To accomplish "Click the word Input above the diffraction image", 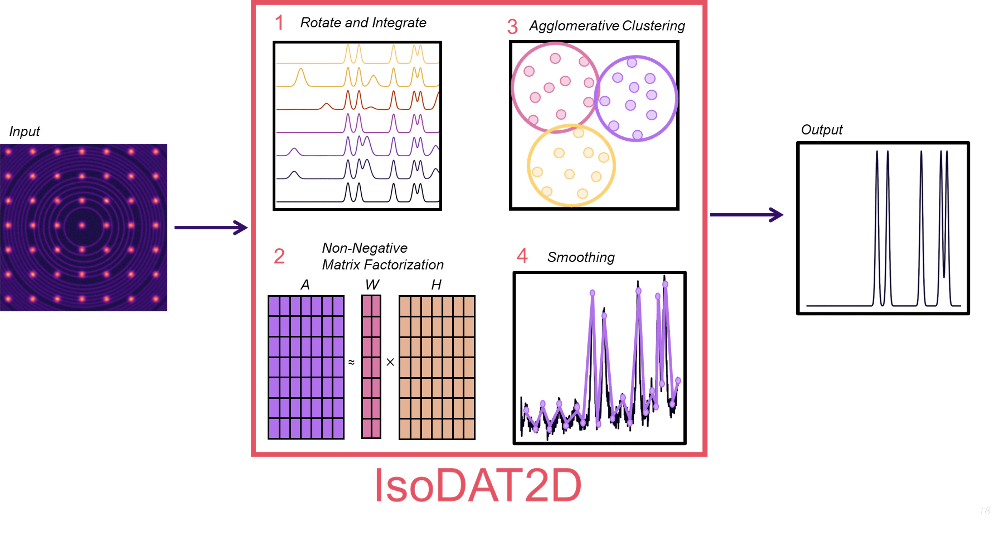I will (x=24, y=132).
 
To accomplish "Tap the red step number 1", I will (x=279, y=23).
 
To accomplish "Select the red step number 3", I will (x=512, y=27).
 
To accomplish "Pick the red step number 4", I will (x=522, y=256).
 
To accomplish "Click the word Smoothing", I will (x=581, y=257).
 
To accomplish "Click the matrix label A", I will (x=305, y=285).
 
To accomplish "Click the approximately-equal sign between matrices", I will (x=351, y=362).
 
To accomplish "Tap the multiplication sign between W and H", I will (x=390, y=362).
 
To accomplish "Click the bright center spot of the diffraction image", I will (x=82, y=225).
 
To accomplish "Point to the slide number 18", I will (x=984, y=511).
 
